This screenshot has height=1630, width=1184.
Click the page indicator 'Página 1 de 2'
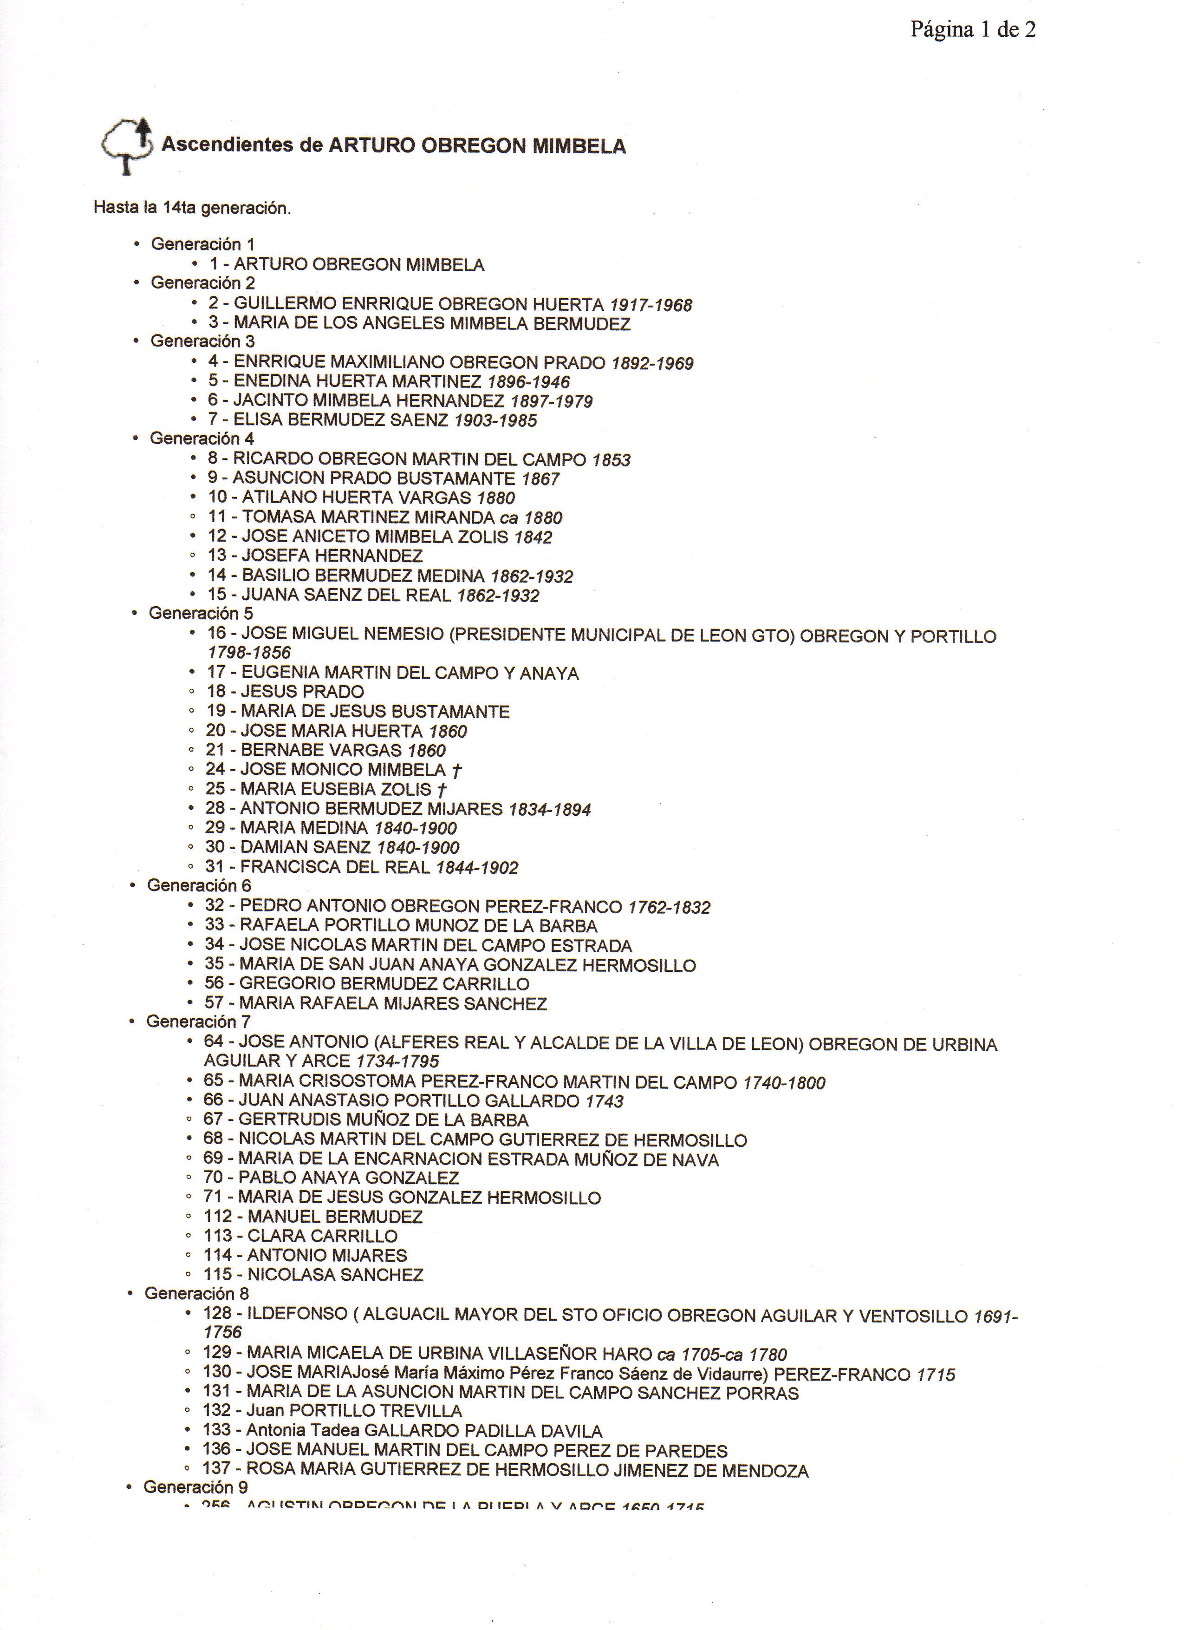coord(972,30)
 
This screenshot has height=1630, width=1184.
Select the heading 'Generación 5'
coord(201,613)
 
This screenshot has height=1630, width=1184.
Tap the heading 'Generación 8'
coord(196,1293)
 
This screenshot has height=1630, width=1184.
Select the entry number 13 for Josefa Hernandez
coord(217,556)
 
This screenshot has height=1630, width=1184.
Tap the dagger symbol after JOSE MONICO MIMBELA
coord(457,771)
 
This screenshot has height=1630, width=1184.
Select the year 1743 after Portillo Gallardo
coord(604,1101)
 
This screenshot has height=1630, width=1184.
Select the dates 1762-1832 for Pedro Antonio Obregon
coord(669,907)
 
